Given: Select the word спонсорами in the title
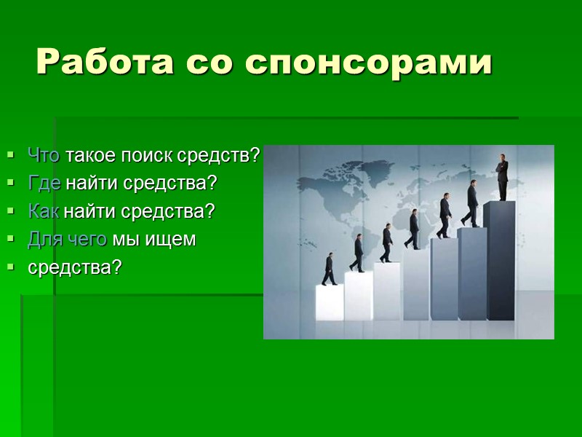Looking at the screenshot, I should pos(370,63).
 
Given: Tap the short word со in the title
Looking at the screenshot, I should pos(207,63).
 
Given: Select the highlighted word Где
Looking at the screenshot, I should pos(44,183).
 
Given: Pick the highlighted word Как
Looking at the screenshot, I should pos(44,211).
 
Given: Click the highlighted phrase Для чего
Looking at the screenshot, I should pos(68,239).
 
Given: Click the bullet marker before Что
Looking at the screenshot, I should pos(11,155).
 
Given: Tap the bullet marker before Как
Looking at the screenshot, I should pos(11,212).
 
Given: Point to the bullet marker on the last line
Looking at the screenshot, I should pos(11,268).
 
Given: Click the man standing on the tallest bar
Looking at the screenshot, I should pos(502,176).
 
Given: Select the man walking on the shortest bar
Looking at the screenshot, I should pos(330,269).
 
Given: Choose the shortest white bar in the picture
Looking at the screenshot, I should pos(330,302).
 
